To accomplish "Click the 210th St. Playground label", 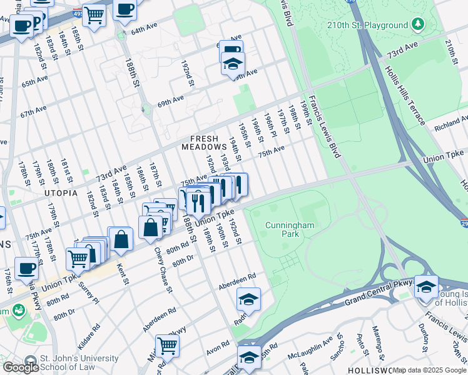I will (x=368, y=26).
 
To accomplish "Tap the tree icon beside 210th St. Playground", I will (x=418, y=26).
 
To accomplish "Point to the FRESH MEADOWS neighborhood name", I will (x=200, y=142).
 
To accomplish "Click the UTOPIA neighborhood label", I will (x=61, y=194).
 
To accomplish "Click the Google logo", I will (x=21, y=367).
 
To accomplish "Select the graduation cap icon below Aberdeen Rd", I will (x=248, y=299).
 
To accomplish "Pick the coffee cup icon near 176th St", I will (x=26, y=267).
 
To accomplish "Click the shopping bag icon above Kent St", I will (x=121, y=238).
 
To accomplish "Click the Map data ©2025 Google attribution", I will (x=429, y=370).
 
